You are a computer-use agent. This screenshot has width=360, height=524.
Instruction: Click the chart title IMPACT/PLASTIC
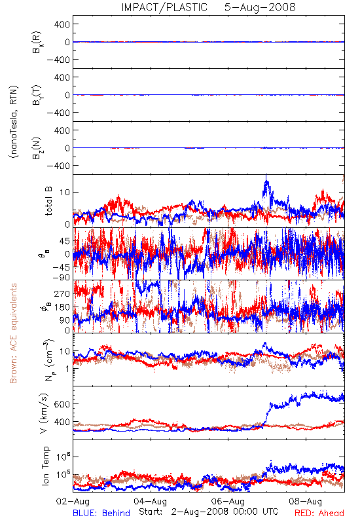click(164, 7)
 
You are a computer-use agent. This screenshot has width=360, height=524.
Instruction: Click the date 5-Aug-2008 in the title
click(260, 7)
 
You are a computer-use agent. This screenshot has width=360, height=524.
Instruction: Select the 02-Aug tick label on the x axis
click(73, 501)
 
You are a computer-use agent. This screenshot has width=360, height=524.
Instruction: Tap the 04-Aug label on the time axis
click(151, 501)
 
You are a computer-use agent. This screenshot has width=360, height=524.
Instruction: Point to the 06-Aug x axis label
click(228, 501)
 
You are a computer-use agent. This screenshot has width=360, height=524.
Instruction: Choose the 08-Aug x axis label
click(306, 501)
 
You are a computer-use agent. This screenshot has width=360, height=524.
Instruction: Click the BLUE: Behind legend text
click(101, 513)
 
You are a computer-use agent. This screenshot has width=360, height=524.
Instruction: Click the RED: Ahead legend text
click(319, 513)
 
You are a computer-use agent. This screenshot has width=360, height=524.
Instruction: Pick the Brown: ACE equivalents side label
click(13, 333)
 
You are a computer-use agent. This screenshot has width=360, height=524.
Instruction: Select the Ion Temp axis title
click(45, 466)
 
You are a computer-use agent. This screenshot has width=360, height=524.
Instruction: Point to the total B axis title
click(48, 201)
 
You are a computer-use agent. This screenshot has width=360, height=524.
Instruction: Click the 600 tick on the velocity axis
click(62, 404)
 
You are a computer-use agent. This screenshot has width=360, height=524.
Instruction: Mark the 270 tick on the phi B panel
click(62, 293)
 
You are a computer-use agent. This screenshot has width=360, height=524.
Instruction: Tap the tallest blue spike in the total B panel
click(266, 175)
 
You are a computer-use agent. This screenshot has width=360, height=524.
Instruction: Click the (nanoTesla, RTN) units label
click(14, 122)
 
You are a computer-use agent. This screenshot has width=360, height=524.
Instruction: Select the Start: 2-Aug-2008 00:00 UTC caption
click(209, 512)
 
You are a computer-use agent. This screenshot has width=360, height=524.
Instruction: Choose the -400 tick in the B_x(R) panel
click(59, 60)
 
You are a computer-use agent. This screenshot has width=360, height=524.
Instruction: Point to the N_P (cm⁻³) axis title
click(47, 360)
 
